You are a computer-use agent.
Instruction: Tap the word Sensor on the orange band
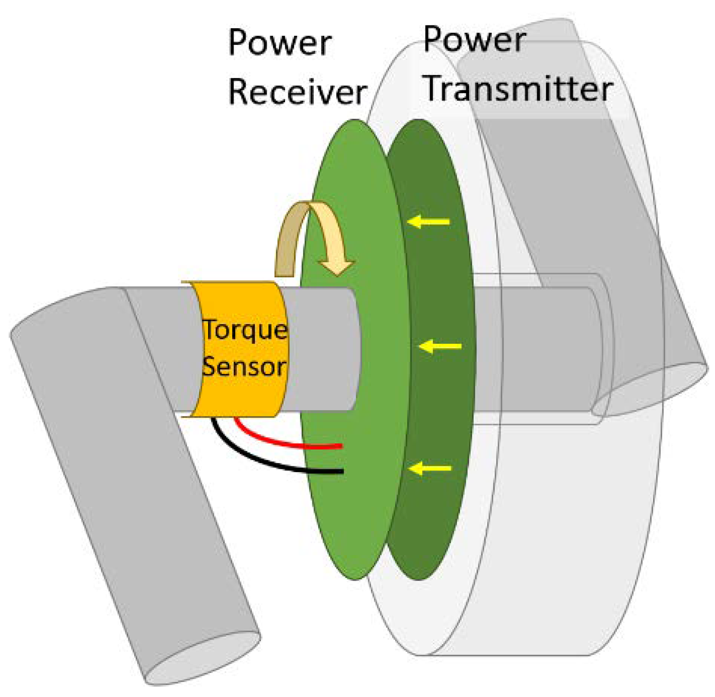click(x=244, y=367)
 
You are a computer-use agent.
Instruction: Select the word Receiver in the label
click(x=297, y=92)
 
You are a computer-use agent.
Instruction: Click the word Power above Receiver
click(x=280, y=43)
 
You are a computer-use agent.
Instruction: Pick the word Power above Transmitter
click(x=475, y=40)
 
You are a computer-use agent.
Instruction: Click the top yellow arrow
click(x=428, y=222)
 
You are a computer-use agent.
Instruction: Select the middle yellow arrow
click(x=440, y=346)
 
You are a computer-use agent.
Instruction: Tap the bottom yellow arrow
click(x=430, y=468)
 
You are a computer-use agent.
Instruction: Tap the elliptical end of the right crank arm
click(x=650, y=389)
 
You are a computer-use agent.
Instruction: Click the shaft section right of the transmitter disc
click(x=536, y=349)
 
